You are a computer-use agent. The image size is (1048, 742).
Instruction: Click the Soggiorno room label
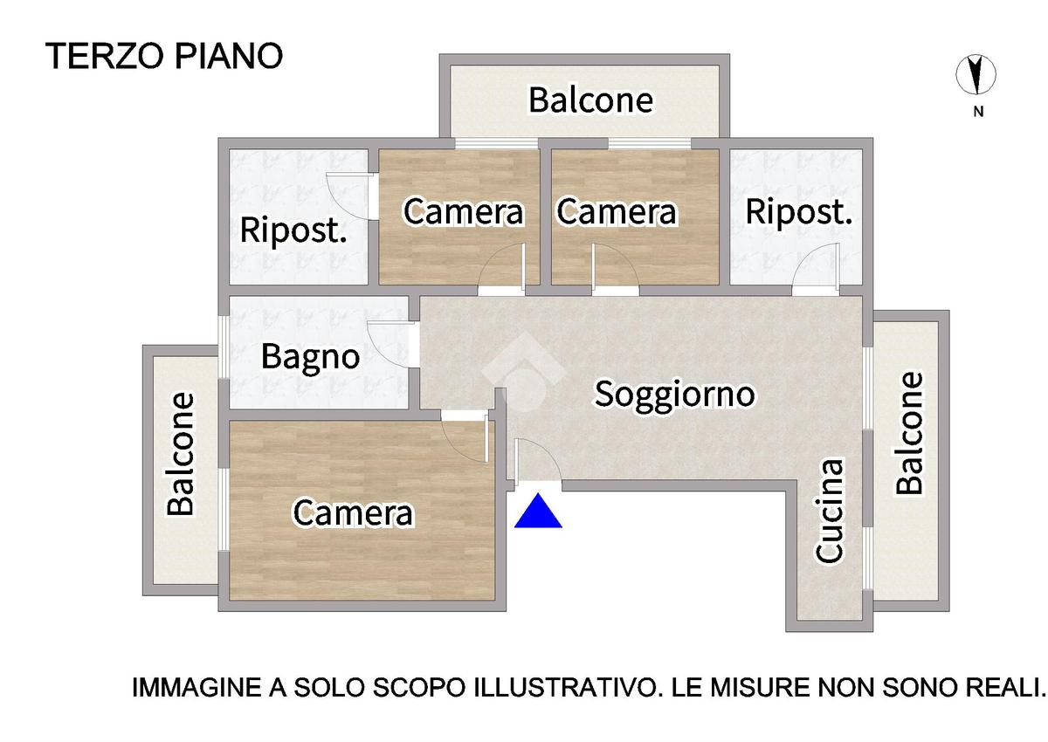click(674, 395)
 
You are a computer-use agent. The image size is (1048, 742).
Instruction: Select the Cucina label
click(829, 511)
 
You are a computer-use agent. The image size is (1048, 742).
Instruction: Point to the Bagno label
click(310, 357)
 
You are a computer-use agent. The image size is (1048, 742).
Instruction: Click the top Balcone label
click(591, 100)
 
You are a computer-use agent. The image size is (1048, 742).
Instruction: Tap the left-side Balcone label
click(181, 455)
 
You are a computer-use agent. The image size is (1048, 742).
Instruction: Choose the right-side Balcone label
click(909, 433)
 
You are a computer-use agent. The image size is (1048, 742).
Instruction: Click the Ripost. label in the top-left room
click(293, 230)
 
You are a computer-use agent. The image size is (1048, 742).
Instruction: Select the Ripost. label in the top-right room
click(798, 213)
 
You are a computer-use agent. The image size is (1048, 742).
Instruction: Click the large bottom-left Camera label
click(353, 513)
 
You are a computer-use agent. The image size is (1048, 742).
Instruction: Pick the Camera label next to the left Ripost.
click(463, 212)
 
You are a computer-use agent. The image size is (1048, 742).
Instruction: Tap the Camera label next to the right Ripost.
click(617, 212)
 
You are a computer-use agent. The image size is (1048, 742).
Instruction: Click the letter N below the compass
click(978, 112)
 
